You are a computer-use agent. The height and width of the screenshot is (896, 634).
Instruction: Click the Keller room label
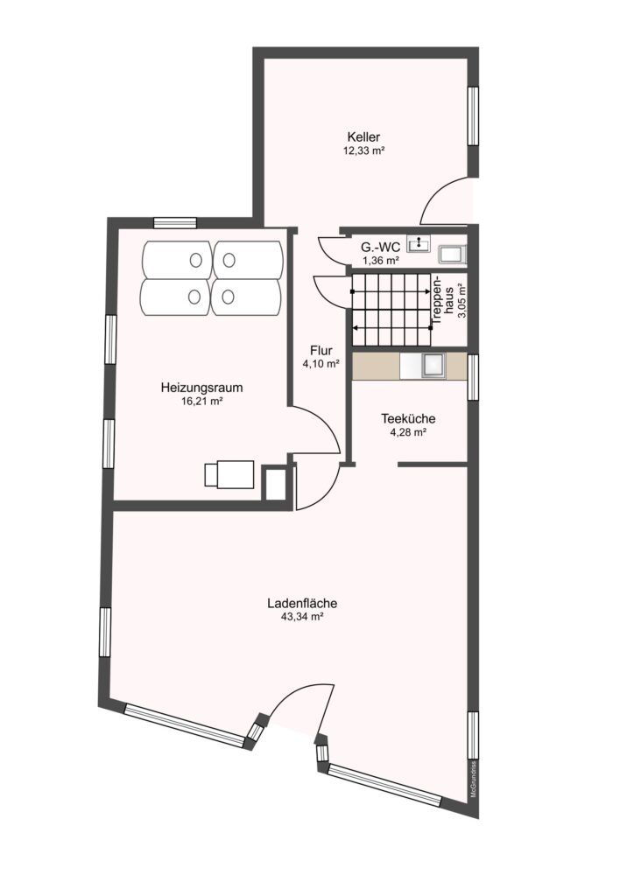(363, 137)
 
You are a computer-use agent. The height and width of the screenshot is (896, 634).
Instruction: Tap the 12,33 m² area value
(363, 150)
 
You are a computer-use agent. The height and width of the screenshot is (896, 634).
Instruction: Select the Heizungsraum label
(201, 388)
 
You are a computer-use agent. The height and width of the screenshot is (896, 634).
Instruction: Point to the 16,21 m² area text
(201, 401)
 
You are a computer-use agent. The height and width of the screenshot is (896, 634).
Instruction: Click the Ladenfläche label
(302, 603)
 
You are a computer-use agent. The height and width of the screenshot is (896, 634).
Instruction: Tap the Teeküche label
(408, 419)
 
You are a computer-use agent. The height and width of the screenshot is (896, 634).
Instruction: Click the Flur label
(321, 350)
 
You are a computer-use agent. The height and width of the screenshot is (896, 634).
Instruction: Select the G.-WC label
(380, 248)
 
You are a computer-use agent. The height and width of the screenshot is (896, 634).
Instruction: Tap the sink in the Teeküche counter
(433, 367)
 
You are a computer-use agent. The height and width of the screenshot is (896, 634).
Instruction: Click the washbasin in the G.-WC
(419, 245)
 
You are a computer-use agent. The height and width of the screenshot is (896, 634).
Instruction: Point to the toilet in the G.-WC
(453, 255)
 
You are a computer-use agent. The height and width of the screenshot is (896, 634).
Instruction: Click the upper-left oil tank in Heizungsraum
(177, 260)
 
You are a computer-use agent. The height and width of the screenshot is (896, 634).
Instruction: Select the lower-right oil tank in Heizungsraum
(247, 297)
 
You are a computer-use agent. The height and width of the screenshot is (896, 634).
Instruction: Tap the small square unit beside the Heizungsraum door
(274, 483)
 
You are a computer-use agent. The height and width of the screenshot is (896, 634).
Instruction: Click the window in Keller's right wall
(473, 116)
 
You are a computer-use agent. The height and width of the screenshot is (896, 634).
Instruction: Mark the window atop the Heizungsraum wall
(175, 223)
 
